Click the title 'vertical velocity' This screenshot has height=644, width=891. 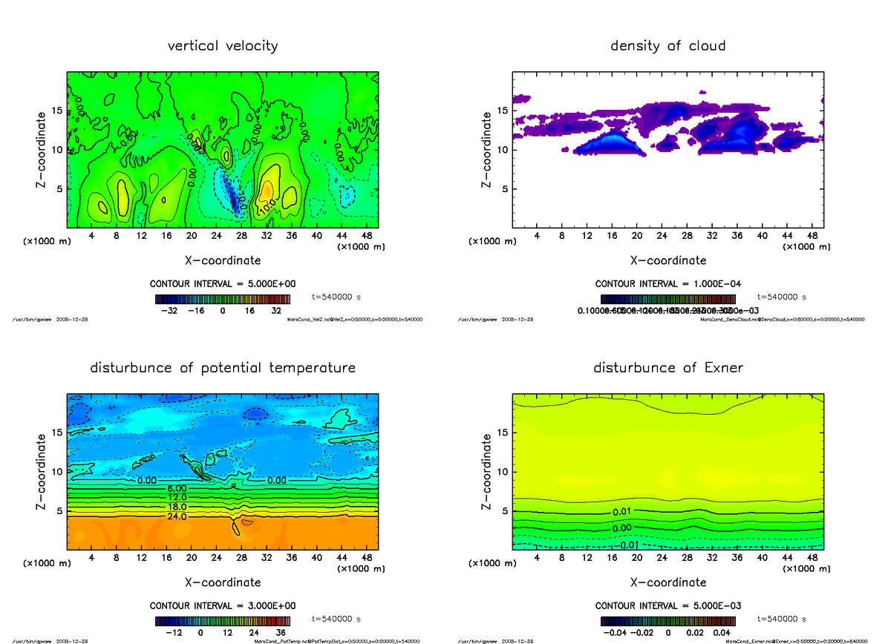coord(223,46)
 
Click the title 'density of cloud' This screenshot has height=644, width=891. coord(668,46)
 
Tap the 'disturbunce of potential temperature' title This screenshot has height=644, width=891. coord(223,368)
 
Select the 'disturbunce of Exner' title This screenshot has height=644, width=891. coord(668,368)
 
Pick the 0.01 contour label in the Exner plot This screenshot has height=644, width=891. coord(622,512)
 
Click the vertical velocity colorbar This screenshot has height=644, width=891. coord(223,299)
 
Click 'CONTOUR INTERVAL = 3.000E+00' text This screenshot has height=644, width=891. coord(223,606)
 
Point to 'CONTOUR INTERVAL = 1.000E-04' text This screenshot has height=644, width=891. coord(668,284)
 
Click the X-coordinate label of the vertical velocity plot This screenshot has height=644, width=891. coord(223,260)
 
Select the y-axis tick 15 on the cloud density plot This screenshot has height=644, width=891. coord(502,111)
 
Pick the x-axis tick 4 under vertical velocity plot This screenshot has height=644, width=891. coord(91,236)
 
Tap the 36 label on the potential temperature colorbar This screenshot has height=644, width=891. coord(281,633)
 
